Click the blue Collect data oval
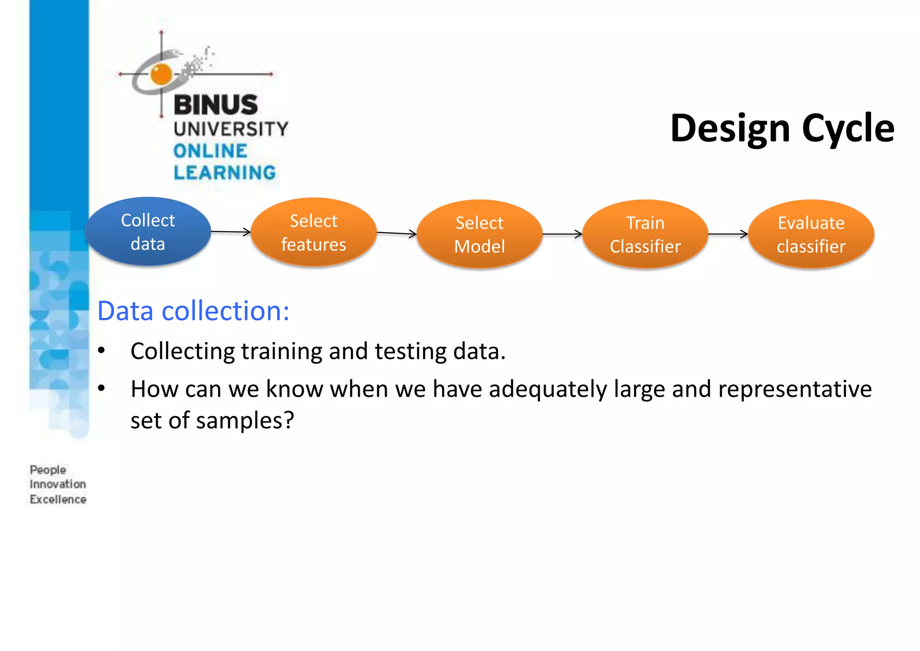point(148,232)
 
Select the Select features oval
point(314,233)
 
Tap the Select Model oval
point(479,234)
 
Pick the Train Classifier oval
point(645,234)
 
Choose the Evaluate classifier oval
point(811,234)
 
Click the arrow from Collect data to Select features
point(230,232)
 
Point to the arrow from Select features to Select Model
point(396,233)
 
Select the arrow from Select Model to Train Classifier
point(562,234)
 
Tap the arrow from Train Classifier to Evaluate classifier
point(728,234)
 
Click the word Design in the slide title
point(730,129)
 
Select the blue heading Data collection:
point(193,311)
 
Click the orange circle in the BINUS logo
point(161,74)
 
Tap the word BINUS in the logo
point(216,105)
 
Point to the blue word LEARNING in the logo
point(225,172)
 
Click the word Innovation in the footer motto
point(57,484)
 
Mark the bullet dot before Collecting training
point(102,350)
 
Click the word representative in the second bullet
point(795,389)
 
